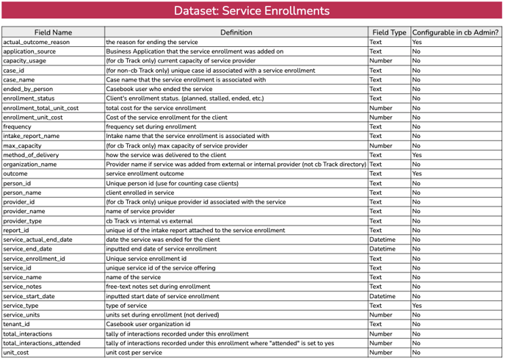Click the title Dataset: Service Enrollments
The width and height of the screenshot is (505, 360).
tap(252, 11)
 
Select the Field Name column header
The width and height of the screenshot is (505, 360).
tap(53, 32)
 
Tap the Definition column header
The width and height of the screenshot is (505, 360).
tap(236, 32)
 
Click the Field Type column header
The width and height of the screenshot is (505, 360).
tap(389, 32)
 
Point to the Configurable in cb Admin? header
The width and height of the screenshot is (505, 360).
tap(456, 32)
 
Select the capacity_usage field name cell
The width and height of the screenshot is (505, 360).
tap(25, 61)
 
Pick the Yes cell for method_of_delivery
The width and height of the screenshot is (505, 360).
tap(416, 155)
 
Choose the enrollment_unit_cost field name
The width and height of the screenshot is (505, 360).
tap(33, 118)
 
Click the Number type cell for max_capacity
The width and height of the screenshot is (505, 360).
tap(381, 145)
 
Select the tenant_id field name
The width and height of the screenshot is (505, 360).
tap(17, 324)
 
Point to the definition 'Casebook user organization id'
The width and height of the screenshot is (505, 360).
tap(148, 324)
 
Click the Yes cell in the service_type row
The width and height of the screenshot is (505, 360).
tap(416, 306)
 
